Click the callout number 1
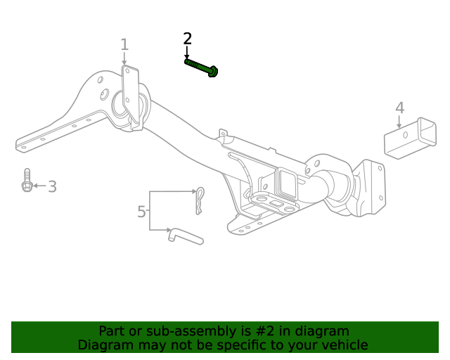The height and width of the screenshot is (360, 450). pos(124,45)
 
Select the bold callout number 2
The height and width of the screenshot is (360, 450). pos(187,39)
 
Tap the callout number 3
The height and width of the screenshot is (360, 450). pos(52,186)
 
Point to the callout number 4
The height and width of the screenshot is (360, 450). pos(399,108)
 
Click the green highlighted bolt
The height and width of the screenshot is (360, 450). pos(200,67)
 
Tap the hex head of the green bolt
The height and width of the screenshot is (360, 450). pos(214,71)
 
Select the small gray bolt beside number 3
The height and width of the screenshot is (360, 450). pos(27,181)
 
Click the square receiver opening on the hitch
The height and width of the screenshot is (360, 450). pos(287,181)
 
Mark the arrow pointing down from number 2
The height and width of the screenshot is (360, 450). pos(187,53)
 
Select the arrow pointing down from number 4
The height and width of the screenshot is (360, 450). pos(399,122)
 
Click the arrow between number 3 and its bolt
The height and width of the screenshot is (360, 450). pos(39,186)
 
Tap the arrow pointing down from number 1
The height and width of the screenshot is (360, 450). pos(124,59)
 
